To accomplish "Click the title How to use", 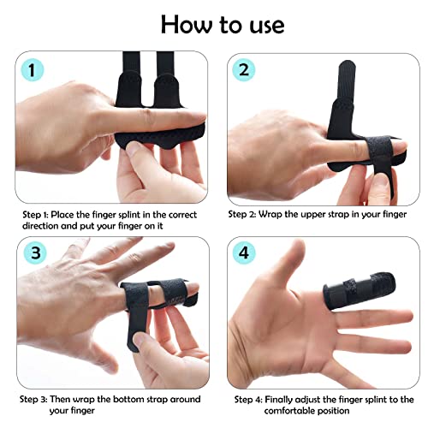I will pos(213,23).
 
